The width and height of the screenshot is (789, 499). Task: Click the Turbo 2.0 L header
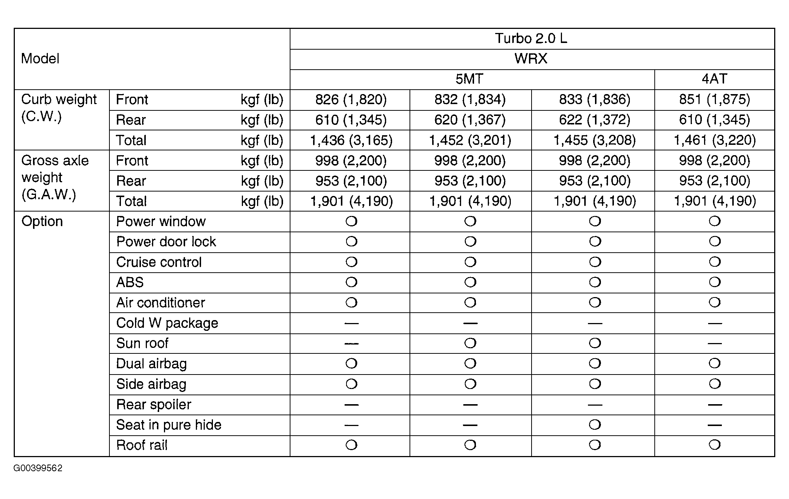531,39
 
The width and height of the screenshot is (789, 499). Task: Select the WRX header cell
531,59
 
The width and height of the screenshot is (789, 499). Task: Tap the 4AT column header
714,79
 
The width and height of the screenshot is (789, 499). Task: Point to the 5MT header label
469,79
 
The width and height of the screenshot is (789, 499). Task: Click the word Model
40,59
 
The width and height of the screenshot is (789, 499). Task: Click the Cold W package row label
167,323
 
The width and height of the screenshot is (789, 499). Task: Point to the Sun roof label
142,343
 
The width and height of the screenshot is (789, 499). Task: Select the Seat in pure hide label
168,425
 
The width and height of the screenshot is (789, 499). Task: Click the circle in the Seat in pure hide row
594,425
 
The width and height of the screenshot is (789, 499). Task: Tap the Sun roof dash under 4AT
714,343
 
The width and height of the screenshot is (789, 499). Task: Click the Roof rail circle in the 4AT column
714,445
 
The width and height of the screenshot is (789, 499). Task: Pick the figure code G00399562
38,468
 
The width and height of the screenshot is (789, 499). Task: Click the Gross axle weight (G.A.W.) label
55,177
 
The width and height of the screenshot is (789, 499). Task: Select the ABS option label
130,282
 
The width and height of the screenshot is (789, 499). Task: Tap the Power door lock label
166,242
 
